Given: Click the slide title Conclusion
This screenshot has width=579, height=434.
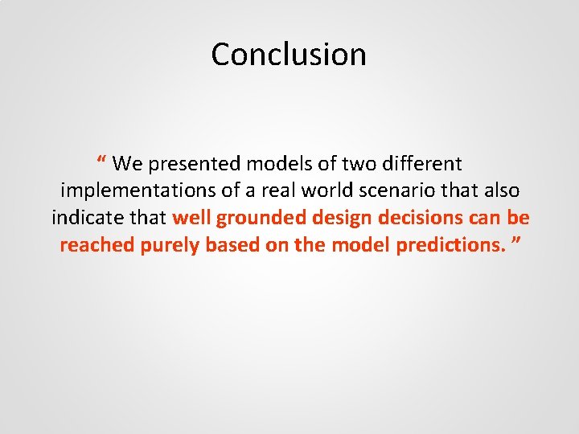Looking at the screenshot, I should pyautogui.click(x=289, y=55).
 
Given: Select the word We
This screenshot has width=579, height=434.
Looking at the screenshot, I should pyautogui.click(x=126, y=164).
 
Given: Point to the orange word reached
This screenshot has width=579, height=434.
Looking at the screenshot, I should pyautogui.click(x=97, y=246).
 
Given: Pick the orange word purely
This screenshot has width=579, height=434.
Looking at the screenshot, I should pyautogui.click(x=170, y=246).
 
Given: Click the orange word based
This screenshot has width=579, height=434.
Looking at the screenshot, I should pyautogui.click(x=232, y=246).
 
